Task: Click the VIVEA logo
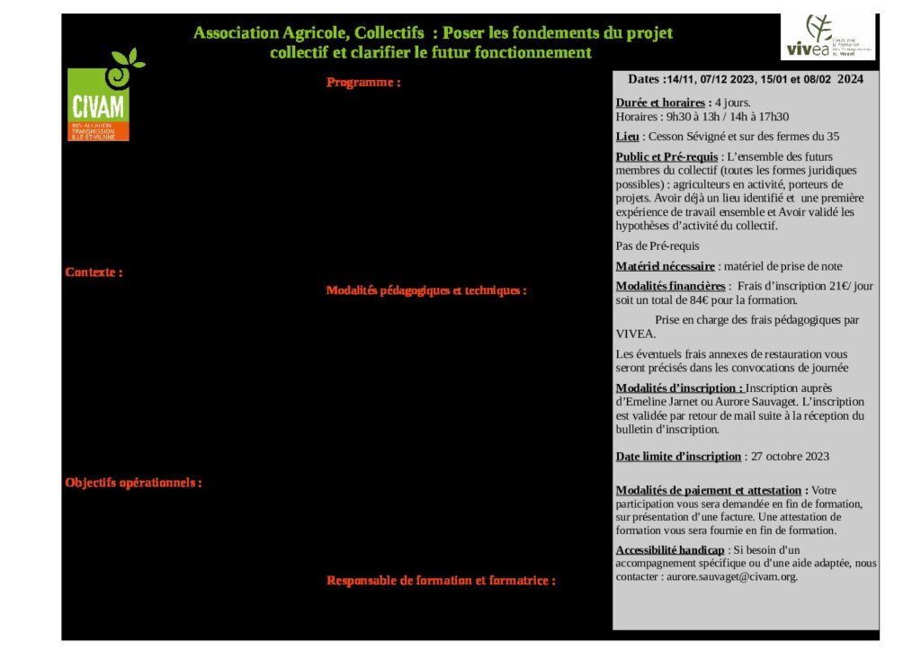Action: pyautogui.click(x=827, y=37)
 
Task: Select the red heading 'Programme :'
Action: pyautogui.click(x=362, y=83)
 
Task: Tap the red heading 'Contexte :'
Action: pyautogui.click(x=94, y=272)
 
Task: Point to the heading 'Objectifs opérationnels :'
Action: pyautogui.click(x=133, y=483)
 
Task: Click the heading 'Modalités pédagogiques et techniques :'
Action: pyautogui.click(x=425, y=290)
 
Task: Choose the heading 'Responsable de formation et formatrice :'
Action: pyautogui.click(x=440, y=581)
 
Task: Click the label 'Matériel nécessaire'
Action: pyautogui.click(x=665, y=266)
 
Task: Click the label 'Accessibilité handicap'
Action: pyautogui.click(x=669, y=549)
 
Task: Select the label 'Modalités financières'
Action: pyautogui.click(x=670, y=286)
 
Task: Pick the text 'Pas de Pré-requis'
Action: pyautogui.click(x=657, y=245)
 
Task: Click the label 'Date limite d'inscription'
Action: pyautogui.click(x=678, y=456)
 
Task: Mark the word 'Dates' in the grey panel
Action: pyautogui.click(x=644, y=79)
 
